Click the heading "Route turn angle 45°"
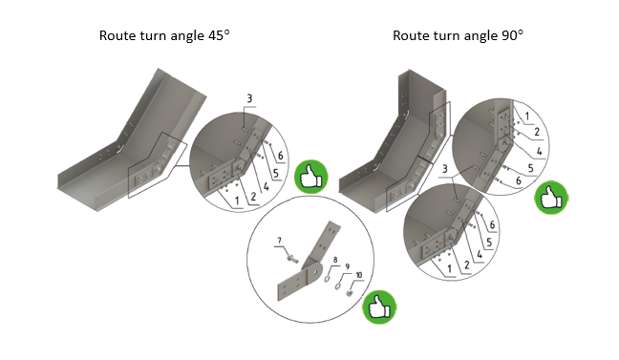click(164, 35)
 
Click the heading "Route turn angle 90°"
click(458, 35)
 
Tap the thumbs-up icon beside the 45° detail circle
click(311, 177)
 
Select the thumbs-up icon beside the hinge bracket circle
click(379, 307)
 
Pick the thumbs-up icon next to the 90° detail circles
click(551, 198)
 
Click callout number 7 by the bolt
click(280, 241)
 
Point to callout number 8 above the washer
click(335, 260)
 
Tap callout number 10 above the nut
click(359, 275)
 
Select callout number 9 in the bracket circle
click(347, 266)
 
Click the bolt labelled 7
click(292, 259)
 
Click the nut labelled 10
click(349, 293)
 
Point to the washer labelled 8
click(328, 279)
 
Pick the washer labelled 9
click(338, 285)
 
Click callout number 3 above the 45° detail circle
click(249, 98)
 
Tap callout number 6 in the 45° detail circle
click(280, 156)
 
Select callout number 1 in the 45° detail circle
click(237, 201)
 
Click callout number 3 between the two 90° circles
click(445, 169)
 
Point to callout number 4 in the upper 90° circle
click(540, 151)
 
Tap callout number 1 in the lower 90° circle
click(449, 269)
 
